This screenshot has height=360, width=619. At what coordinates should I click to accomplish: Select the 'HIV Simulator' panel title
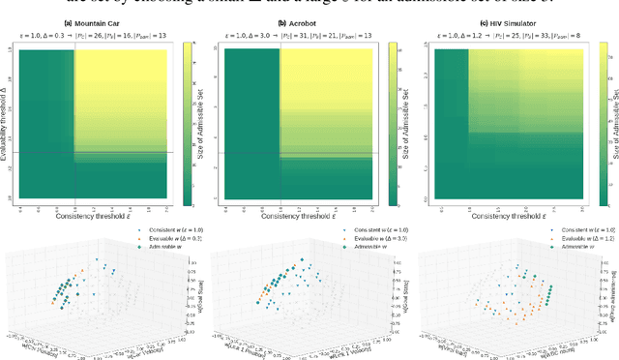click(509, 23)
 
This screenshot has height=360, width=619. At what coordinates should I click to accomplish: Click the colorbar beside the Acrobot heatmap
click(392, 127)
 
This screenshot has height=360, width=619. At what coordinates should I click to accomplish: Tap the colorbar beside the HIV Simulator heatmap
click(598, 127)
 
